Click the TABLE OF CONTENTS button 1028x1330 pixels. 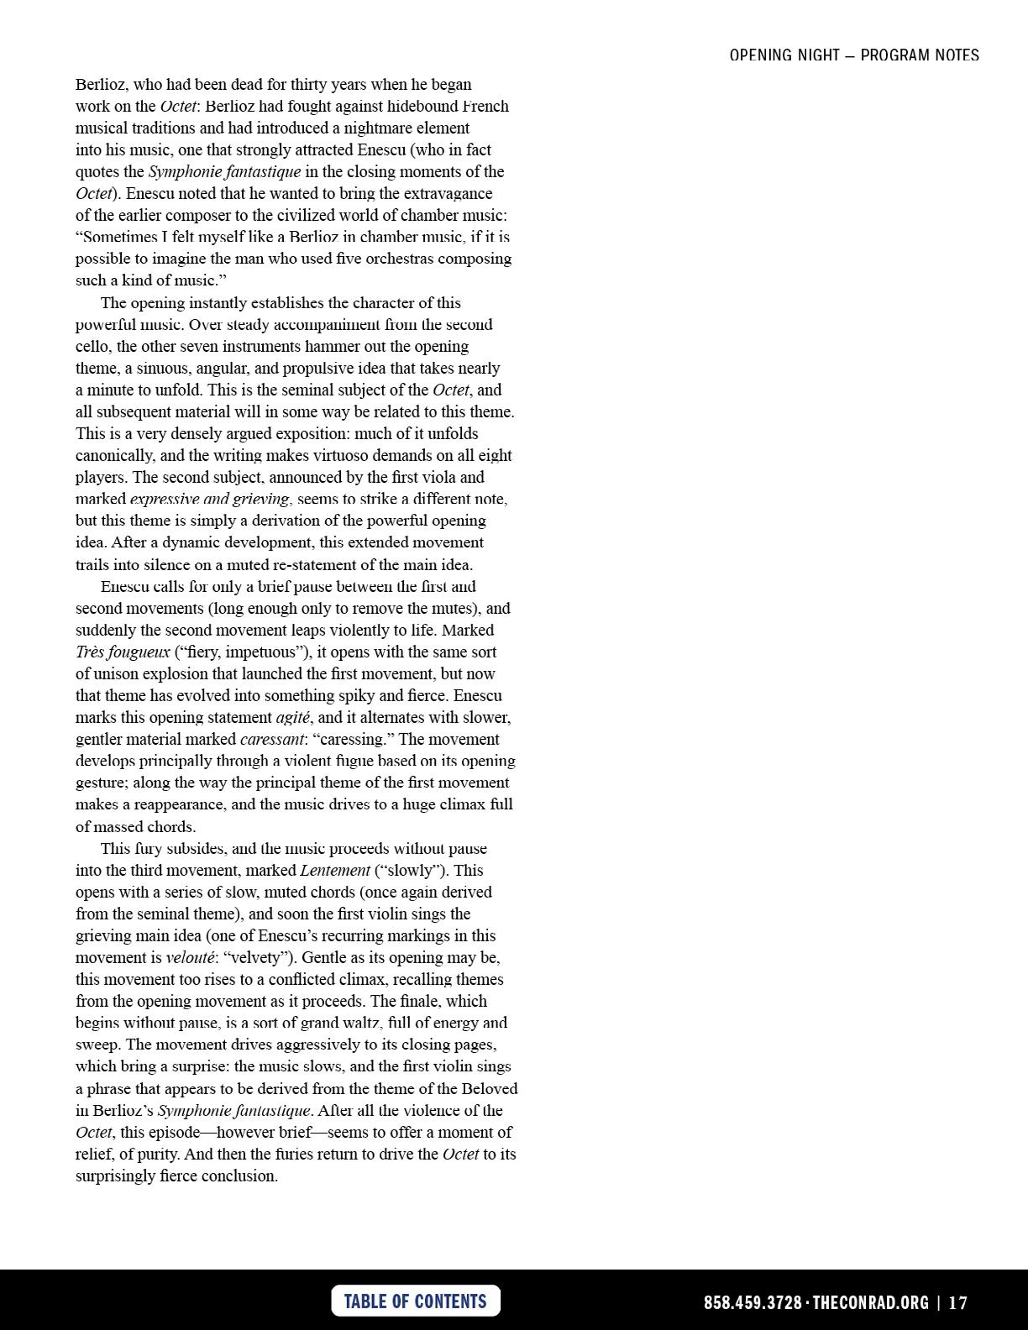pyautogui.click(x=416, y=1301)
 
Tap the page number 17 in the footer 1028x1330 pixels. pyautogui.click(x=958, y=1302)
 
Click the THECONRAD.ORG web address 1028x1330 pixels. pyautogui.click(x=871, y=1302)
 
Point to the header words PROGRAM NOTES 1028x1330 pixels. pyautogui.click(x=920, y=55)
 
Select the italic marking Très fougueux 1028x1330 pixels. pyautogui.click(x=123, y=652)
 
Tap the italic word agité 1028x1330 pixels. pyautogui.click(x=293, y=717)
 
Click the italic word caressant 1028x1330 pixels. pyautogui.click(x=272, y=739)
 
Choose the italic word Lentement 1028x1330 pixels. pyautogui.click(x=335, y=870)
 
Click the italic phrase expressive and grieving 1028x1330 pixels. pyautogui.click(x=209, y=499)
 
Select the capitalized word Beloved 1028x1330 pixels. pyautogui.click(x=490, y=1088)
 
